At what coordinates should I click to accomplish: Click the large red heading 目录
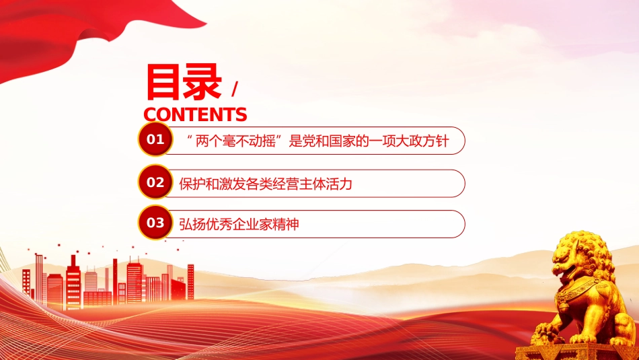(184, 82)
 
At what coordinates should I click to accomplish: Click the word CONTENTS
(195, 114)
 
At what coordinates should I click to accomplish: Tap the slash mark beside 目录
(234, 89)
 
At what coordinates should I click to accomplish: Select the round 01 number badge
(155, 139)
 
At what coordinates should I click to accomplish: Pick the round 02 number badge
(155, 182)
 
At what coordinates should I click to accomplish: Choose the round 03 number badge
(155, 223)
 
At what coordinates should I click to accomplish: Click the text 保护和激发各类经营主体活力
(265, 184)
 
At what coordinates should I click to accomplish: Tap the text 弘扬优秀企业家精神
(239, 224)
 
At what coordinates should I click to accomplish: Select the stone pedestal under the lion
(577, 351)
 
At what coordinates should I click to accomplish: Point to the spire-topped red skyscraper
(73, 282)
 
